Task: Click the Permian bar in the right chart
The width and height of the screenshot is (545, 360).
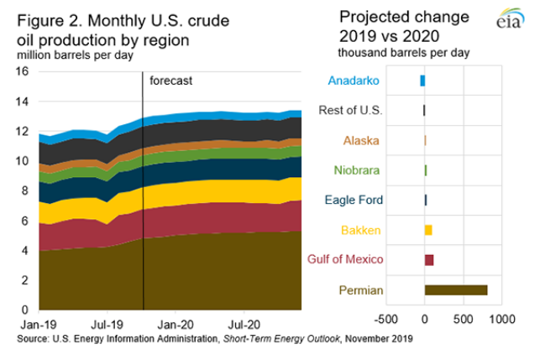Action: pos(455,290)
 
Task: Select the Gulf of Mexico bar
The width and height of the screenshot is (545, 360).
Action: pos(429,260)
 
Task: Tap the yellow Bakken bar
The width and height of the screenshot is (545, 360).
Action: pos(428,230)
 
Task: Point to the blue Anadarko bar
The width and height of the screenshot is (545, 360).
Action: pos(422,81)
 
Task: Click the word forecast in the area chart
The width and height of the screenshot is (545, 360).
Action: pos(171,81)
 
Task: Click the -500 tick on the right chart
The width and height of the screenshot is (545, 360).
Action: pos(385,320)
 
